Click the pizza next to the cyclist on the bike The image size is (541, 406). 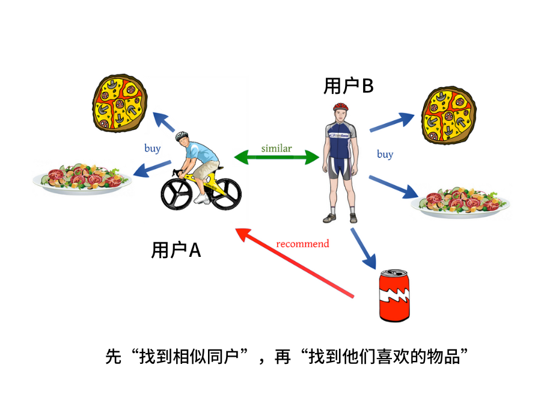point(120,103)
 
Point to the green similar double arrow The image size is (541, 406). point(276,158)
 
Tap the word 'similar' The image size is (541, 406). point(277,148)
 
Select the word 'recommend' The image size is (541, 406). point(302,244)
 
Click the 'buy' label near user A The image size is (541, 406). point(153,148)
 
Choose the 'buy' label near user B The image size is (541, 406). point(385,155)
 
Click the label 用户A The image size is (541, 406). point(176,250)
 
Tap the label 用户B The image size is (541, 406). point(349,87)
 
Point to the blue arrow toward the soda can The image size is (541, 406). point(363,247)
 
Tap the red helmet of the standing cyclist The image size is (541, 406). point(341,106)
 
